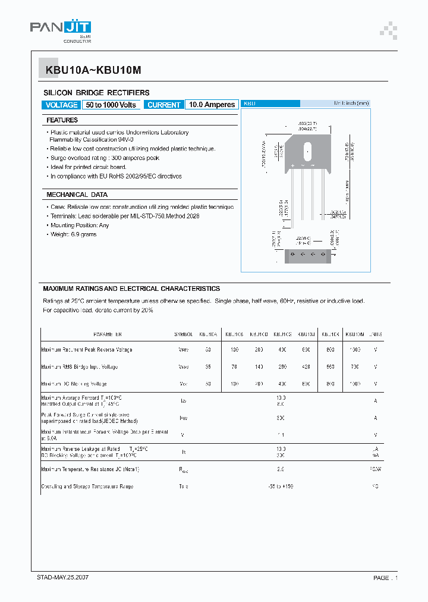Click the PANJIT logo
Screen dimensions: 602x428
(60, 29)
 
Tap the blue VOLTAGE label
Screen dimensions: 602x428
(61, 105)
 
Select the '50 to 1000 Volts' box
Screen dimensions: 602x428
(111, 105)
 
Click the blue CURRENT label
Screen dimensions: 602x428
(163, 105)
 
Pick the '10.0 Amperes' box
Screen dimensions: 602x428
(212, 105)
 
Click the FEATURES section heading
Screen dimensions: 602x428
(62, 120)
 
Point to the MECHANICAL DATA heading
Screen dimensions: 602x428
(77, 195)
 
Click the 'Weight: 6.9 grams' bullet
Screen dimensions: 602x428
(73, 234)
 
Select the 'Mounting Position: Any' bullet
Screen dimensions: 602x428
(80, 225)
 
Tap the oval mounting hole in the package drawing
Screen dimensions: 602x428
(308, 149)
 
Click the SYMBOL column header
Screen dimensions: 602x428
(184, 334)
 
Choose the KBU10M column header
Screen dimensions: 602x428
(355, 334)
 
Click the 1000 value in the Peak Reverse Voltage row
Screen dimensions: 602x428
(354, 350)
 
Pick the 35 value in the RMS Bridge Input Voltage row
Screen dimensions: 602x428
(208, 367)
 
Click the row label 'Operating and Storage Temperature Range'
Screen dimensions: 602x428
(87, 487)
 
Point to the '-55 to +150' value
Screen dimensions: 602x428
(281, 487)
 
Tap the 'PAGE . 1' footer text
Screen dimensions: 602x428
(385, 578)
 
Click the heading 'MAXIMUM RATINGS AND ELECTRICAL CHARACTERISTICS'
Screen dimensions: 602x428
(131, 289)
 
